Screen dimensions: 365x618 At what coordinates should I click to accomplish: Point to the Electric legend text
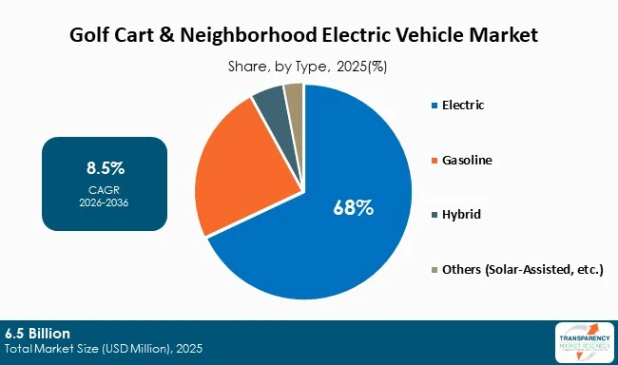coord(464,105)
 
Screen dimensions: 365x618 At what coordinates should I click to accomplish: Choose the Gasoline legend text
coord(468,160)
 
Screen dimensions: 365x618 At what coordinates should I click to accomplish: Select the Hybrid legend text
coord(461,215)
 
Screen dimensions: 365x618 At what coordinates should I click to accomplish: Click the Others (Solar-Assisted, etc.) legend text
coord(522,270)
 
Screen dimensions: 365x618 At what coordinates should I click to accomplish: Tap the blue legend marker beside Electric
coord(433,105)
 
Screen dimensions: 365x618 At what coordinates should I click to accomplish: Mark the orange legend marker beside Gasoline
coord(433,160)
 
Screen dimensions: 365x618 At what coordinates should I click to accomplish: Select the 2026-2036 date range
coord(105,202)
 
